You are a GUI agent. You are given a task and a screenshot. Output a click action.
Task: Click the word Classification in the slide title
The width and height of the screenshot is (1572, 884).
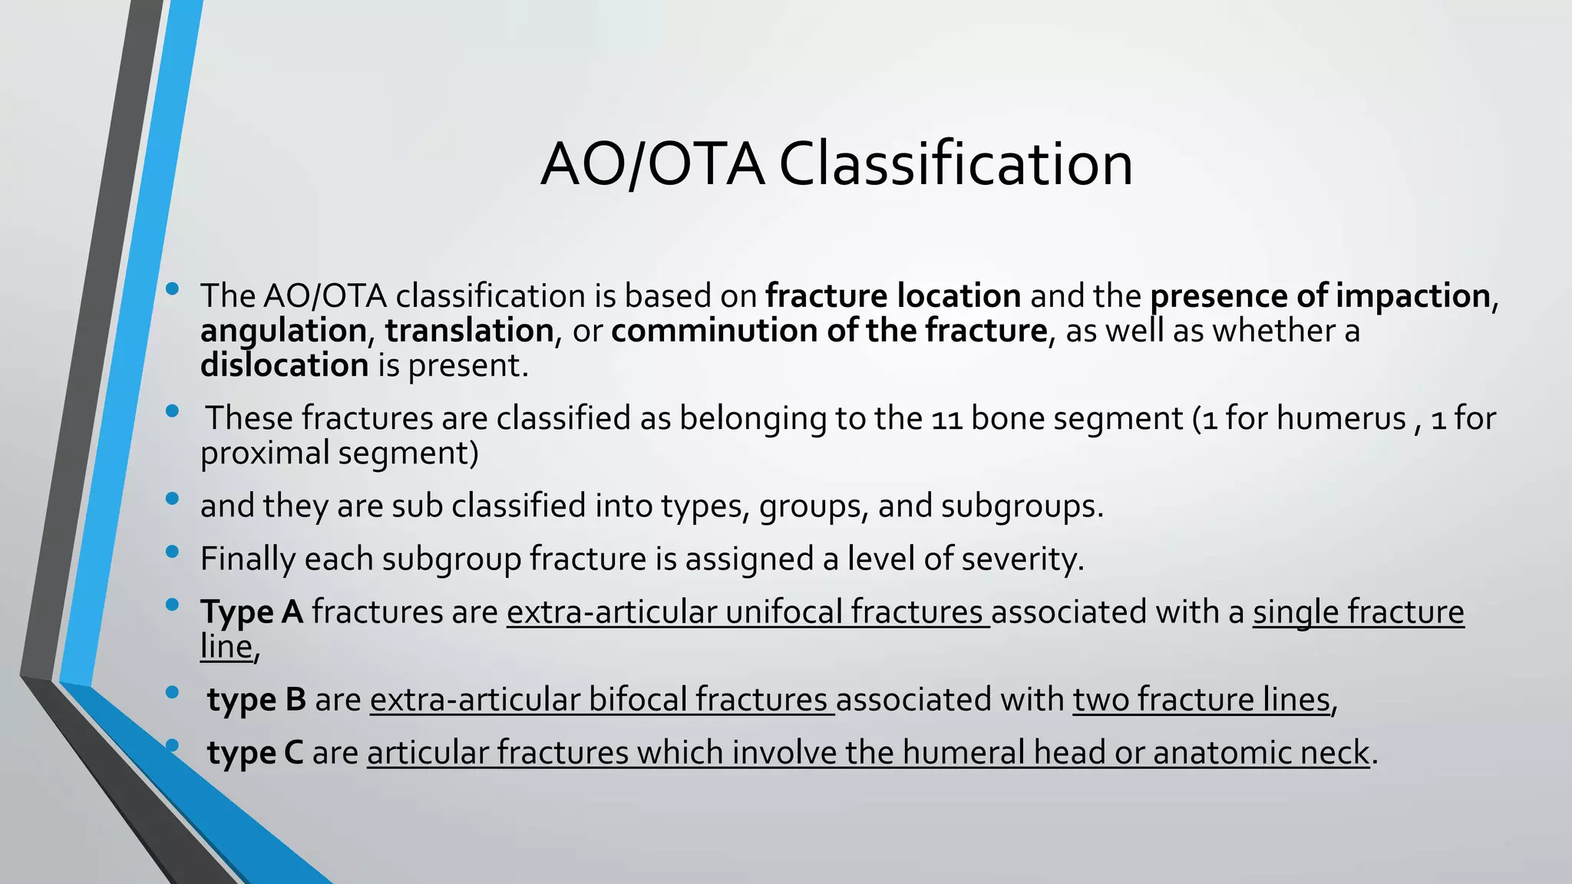(956, 164)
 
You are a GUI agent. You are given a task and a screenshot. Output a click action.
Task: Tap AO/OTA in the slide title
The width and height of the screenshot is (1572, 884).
(652, 164)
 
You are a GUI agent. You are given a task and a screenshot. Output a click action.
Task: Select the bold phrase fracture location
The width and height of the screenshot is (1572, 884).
(893, 296)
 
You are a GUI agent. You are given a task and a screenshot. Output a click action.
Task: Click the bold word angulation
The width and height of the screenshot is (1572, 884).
(283, 331)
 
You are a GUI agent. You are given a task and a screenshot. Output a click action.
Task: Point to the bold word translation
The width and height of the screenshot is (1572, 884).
(469, 331)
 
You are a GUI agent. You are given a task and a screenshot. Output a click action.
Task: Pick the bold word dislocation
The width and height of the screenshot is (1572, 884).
(285, 365)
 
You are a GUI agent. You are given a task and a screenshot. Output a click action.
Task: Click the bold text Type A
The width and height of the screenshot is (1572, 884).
(252, 612)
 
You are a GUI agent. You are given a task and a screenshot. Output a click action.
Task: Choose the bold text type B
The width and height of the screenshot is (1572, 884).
(256, 700)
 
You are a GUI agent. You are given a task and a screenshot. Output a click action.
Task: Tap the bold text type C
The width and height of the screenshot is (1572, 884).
(255, 753)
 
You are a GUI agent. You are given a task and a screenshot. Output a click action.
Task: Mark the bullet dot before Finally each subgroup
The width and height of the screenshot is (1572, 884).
(172, 552)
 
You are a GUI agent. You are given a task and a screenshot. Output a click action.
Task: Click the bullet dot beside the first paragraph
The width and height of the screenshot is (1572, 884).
(172, 289)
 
